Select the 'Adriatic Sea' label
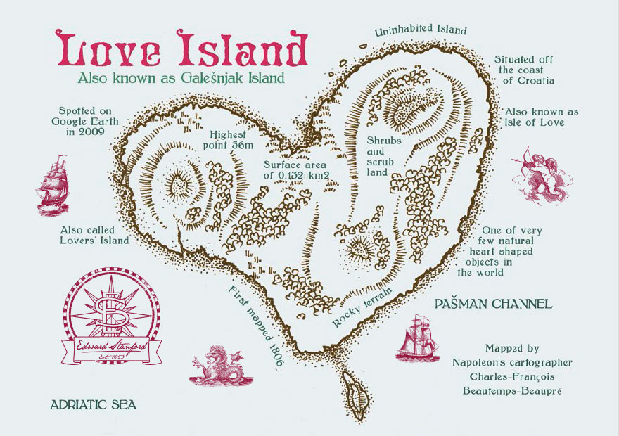(93, 405)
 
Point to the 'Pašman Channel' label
(493, 304)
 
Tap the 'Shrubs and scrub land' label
(384, 155)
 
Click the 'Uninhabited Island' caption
(421, 30)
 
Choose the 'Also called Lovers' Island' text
(95, 235)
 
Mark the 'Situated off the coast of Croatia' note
(525, 70)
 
